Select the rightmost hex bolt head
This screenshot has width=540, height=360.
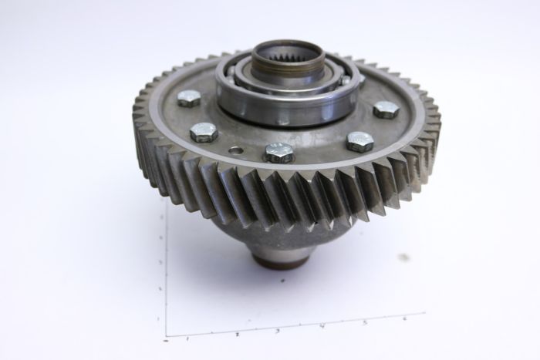click(x=386, y=109)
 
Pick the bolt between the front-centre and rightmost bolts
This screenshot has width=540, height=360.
click(x=359, y=141)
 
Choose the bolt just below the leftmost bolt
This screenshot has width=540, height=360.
click(x=203, y=132)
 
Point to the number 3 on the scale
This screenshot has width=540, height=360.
click(x=278, y=331)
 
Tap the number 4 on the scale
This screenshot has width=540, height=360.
click(x=322, y=326)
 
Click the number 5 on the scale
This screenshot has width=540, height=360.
click(x=364, y=321)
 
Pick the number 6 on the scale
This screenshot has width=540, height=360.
click(x=404, y=318)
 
